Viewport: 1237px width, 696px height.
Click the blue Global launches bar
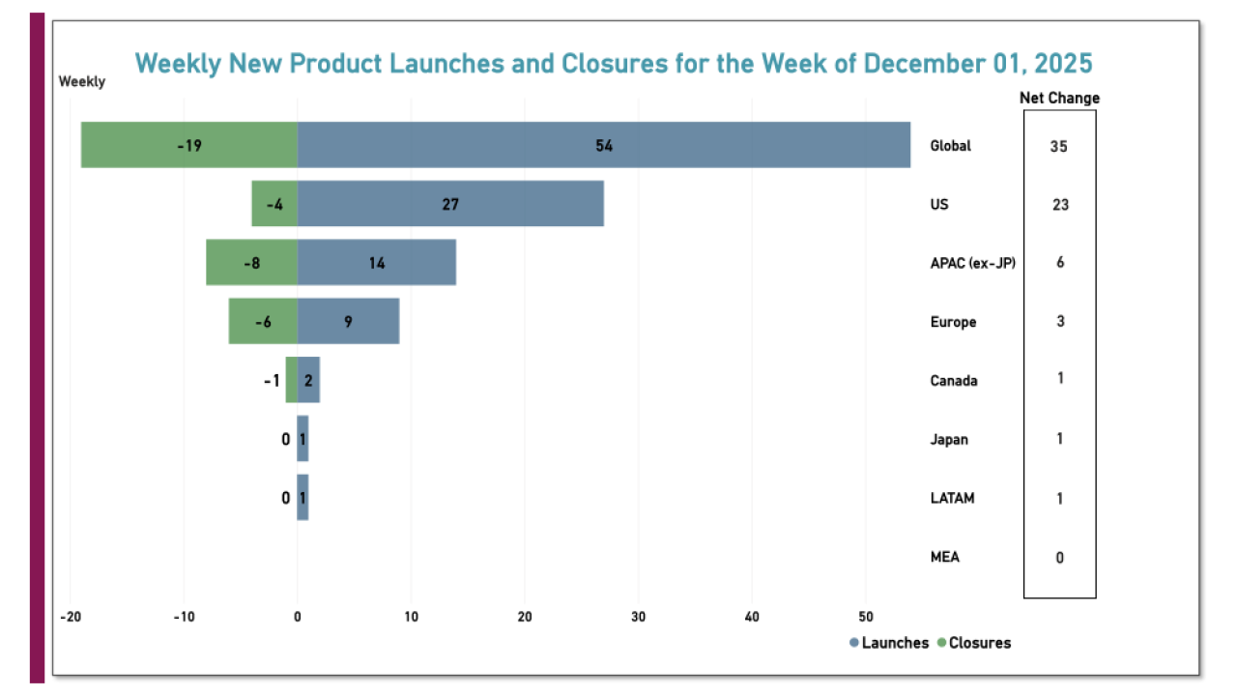pos(604,145)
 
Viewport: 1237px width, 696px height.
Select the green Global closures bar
pos(189,145)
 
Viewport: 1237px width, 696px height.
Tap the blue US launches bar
pos(450,204)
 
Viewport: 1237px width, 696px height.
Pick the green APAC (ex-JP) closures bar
pos(252,263)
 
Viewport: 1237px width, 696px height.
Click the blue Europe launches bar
pos(348,321)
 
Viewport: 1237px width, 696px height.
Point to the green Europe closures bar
pos(263,321)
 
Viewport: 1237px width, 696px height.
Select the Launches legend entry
pos(888,643)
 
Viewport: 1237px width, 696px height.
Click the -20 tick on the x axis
pos(70,617)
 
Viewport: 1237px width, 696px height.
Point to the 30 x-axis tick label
pos(638,617)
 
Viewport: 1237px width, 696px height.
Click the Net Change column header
pos(1059,98)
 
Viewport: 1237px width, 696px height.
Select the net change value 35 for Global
pos(1059,147)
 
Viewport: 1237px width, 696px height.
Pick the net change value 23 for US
pos(1059,205)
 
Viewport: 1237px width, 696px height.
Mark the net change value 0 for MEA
pos(1059,558)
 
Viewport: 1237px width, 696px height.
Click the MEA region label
pos(945,558)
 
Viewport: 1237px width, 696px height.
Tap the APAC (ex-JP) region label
pos(972,263)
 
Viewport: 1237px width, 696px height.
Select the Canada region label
pos(953,381)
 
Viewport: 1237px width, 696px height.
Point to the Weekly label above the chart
pos(82,82)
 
